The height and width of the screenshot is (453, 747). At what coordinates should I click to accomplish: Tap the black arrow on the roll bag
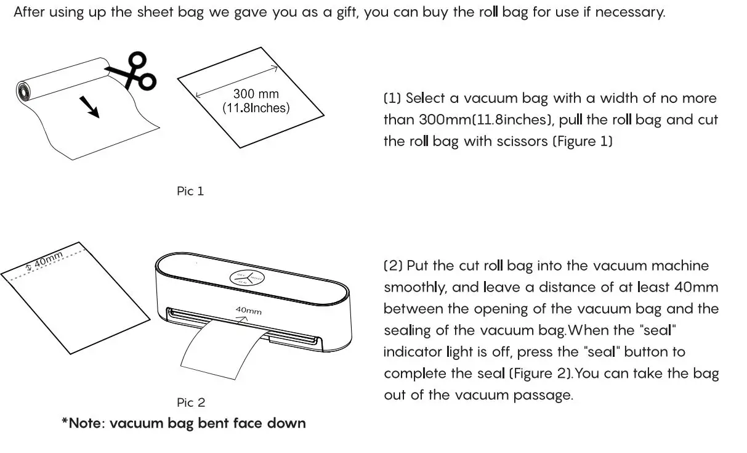[91, 105]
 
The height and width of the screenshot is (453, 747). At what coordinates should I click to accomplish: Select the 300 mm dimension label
[256, 94]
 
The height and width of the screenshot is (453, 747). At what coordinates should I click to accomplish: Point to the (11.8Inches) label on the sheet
[256, 108]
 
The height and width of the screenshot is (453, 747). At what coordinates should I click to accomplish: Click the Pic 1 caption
[190, 191]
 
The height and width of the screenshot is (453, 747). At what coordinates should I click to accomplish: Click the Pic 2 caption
[190, 402]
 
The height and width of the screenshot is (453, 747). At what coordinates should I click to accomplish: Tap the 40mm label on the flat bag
[46, 259]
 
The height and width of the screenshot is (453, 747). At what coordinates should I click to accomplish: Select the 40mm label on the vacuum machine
[248, 311]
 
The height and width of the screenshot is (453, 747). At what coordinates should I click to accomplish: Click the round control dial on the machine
[246, 278]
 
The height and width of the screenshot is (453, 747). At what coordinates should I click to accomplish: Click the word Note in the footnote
[85, 423]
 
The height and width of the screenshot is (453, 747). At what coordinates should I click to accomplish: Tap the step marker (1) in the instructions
[392, 99]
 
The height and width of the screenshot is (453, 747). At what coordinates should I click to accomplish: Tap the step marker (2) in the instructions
[393, 266]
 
